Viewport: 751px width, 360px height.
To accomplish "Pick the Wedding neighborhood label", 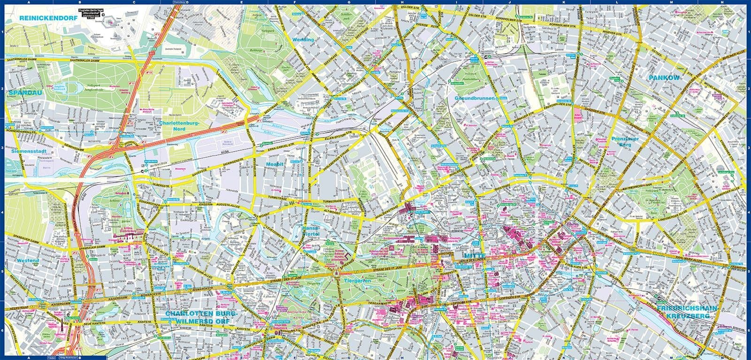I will (x=303, y=40).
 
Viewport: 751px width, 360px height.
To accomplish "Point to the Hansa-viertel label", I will (x=311, y=230).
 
